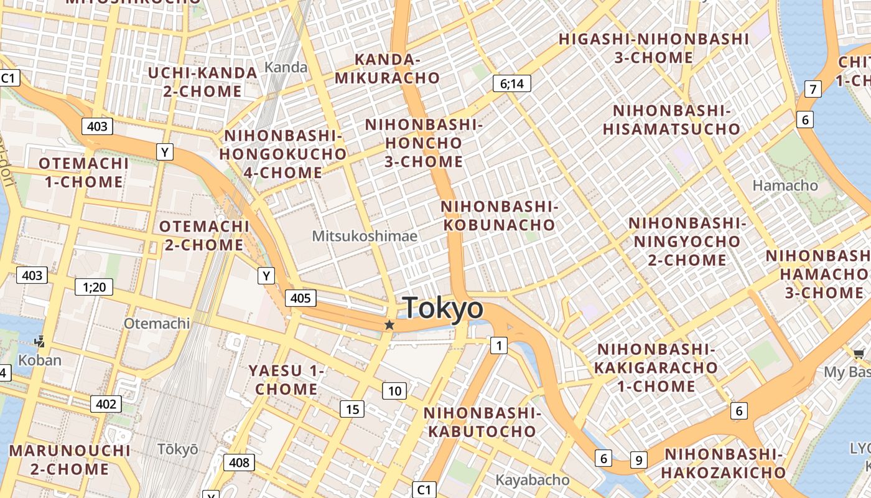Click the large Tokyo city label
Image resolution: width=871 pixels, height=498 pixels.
point(442,308)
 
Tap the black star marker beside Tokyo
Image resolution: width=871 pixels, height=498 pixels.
point(389,325)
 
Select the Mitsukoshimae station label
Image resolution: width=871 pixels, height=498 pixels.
point(365,236)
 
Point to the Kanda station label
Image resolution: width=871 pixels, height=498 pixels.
point(286,67)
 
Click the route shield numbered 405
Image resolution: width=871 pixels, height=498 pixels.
point(300,298)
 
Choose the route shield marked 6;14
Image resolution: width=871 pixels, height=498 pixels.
point(511,83)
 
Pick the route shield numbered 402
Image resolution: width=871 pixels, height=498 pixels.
point(106,404)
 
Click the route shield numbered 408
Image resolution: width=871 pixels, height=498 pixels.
point(239,463)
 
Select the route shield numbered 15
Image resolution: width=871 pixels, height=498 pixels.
point(352,409)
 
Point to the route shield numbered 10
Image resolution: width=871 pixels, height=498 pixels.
point(394,391)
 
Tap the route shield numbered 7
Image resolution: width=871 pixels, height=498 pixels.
point(813,89)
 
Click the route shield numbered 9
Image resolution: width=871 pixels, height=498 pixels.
point(638,460)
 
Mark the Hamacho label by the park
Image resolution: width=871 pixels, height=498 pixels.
point(785,186)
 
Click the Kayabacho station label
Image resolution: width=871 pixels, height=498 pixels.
point(532,480)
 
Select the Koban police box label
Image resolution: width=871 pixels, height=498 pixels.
point(40,360)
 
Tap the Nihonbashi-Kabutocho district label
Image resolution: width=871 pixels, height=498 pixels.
point(480,422)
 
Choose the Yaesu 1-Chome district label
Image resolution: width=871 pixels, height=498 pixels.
point(286,380)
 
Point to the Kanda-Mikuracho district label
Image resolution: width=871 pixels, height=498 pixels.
point(387,68)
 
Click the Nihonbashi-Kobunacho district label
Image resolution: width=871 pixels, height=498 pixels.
point(499,215)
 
